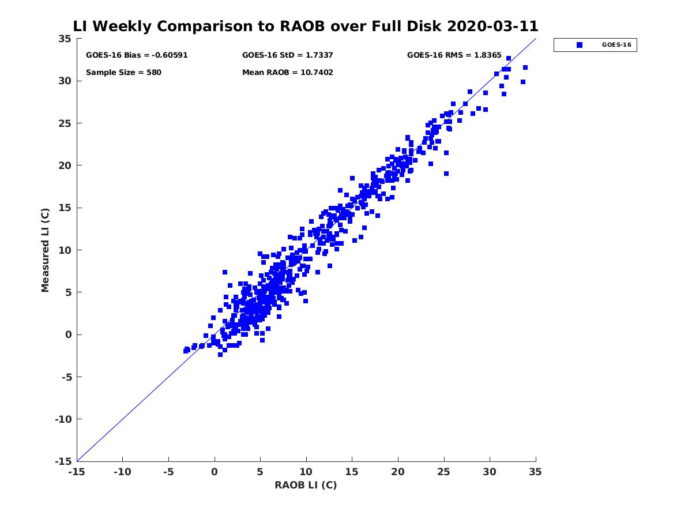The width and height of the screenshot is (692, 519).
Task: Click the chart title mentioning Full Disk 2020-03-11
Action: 306,27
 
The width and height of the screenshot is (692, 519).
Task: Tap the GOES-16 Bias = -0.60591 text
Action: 137,55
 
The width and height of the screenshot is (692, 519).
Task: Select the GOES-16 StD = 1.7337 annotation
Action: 288,55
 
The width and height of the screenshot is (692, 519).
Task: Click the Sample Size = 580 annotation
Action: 123,73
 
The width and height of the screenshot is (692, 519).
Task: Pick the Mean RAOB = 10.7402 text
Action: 288,73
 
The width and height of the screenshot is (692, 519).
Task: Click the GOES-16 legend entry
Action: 595,45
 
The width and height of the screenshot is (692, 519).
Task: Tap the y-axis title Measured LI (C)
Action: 46,250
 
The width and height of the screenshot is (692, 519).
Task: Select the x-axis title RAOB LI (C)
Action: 306,485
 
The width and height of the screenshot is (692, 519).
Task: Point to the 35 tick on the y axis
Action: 65,39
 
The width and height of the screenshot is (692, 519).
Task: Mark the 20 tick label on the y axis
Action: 65,166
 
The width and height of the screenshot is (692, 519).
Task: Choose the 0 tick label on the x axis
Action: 215,472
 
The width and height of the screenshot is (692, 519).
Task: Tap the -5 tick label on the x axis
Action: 168,472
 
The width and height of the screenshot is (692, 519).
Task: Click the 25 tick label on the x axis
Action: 444,472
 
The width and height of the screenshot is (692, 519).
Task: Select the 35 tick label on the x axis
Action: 536,472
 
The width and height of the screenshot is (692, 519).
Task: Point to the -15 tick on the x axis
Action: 76,472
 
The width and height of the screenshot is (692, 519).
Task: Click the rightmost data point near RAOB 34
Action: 525,67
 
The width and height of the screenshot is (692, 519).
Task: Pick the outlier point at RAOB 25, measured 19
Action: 446,174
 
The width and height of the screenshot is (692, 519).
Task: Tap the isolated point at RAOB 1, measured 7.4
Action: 225,272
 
